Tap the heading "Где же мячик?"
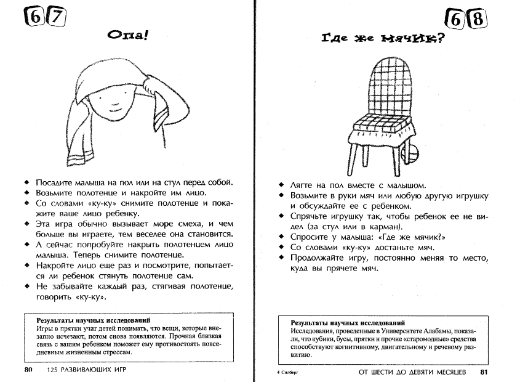[x=383, y=40]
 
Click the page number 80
[x=28, y=370]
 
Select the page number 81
[x=484, y=372]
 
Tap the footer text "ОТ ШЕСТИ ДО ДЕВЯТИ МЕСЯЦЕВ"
[x=413, y=372]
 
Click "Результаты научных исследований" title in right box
[x=348, y=322]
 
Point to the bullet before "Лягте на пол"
[x=281, y=185]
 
